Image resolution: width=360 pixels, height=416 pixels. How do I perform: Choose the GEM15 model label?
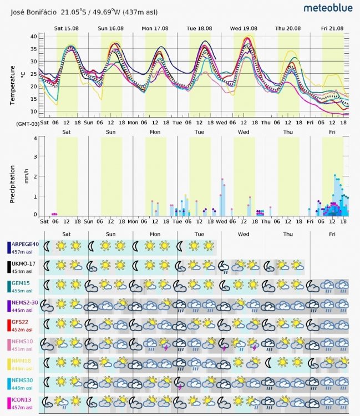point(22,283)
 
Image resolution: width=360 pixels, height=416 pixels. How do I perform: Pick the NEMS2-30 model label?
point(26,303)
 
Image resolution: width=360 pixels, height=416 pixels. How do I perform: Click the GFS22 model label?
point(21,322)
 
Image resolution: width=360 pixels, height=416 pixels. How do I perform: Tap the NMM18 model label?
point(22,361)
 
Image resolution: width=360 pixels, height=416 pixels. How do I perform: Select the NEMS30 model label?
point(23,381)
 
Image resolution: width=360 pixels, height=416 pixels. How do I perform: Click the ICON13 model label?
point(22,400)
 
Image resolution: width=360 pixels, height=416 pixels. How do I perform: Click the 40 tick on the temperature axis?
point(33,36)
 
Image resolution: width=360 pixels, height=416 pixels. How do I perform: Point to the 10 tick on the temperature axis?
point(33,98)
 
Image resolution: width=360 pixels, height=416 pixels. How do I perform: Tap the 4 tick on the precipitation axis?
point(35,139)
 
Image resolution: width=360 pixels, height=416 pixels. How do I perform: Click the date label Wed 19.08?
point(244,28)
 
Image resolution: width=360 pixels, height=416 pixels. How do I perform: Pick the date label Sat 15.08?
point(66,28)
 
